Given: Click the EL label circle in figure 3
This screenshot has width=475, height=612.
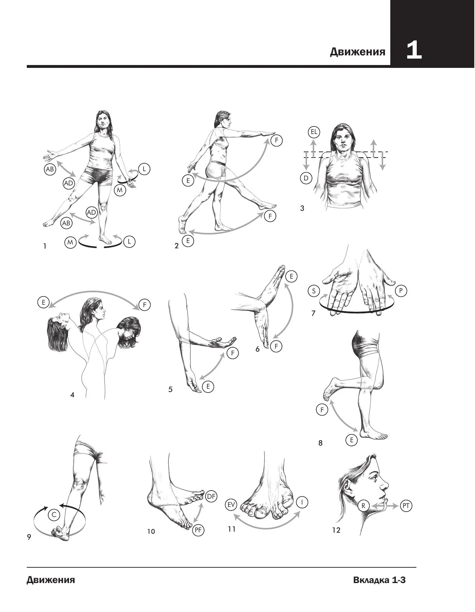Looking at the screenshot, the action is pyautogui.click(x=314, y=132).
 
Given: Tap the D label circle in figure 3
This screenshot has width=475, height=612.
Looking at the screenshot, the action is pyautogui.click(x=306, y=178).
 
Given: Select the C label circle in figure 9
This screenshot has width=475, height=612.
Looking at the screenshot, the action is pyautogui.click(x=54, y=515).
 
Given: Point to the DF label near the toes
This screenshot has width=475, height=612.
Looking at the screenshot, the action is pyautogui.click(x=211, y=496).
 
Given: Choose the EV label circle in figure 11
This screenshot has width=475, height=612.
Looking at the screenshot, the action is pyautogui.click(x=232, y=505).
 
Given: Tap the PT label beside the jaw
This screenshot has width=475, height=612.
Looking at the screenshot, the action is pyautogui.click(x=406, y=506).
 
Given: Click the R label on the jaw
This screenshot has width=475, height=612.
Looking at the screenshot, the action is pyautogui.click(x=363, y=506).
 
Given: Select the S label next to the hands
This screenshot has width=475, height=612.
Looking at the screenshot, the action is pyautogui.click(x=314, y=291).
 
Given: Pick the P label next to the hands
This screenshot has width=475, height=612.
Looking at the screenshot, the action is pyautogui.click(x=401, y=291).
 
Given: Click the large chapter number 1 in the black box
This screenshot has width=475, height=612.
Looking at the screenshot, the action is pyautogui.click(x=414, y=51).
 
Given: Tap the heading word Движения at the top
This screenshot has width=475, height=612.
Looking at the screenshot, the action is pyautogui.click(x=358, y=52).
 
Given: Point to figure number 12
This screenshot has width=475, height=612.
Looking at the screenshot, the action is pyautogui.click(x=336, y=530).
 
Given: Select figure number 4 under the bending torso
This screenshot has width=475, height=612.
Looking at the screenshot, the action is pyautogui.click(x=72, y=395).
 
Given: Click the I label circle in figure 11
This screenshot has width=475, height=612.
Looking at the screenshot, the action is pyautogui.click(x=302, y=502).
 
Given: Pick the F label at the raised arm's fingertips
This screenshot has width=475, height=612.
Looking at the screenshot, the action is pyautogui.click(x=276, y=140).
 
